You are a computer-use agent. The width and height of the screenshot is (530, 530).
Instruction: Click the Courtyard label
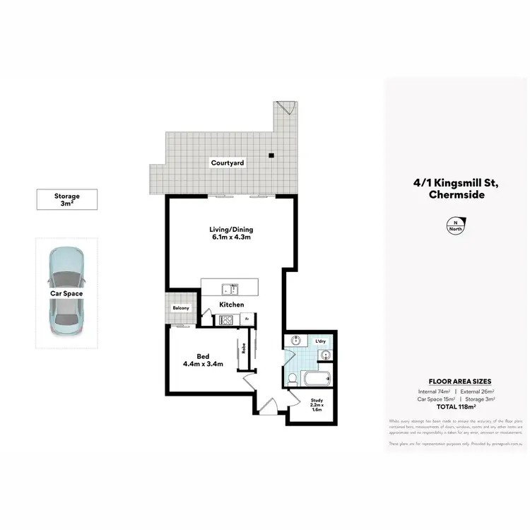(228, 163)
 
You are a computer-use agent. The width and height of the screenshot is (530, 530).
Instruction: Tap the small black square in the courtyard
(270, 155)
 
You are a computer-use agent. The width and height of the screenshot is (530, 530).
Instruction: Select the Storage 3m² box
(67, 200)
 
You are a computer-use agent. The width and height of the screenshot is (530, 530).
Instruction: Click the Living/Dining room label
(230, 234)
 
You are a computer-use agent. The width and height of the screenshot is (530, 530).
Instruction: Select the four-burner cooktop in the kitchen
(225, 319)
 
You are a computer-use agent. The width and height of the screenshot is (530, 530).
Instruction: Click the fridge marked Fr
(247, 319)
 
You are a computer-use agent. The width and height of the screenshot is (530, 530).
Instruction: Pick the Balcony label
(180, 308)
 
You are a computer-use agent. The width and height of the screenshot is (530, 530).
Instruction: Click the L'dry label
(319, 342)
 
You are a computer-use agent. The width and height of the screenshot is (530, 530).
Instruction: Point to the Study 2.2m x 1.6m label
(317, 405)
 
